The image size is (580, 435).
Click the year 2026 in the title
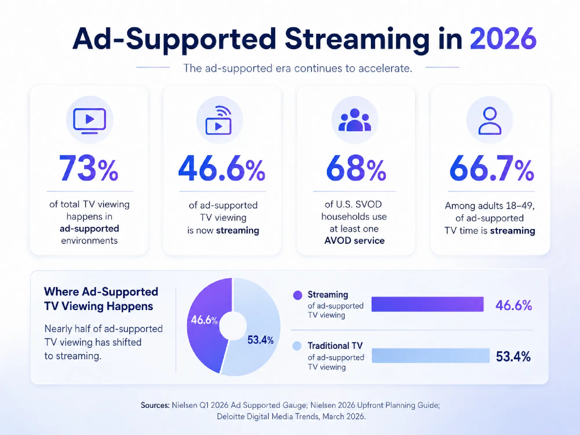[x=503, y=38]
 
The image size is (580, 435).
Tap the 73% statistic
[x=89, y=168]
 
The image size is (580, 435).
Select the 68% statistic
[x=356, y=168]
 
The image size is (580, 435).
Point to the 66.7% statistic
[x=492, y=168]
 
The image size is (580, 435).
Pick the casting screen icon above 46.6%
[x=219, y=120]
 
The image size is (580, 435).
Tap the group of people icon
[x=355, y=120]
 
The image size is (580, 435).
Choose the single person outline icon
[x=490, y=121]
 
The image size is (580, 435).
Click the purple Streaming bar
[x=427, y=304]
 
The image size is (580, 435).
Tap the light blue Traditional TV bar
[x=431, y=356]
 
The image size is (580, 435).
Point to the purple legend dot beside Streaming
[x=298, y=295]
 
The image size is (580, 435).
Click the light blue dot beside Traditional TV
[x=297, y=346]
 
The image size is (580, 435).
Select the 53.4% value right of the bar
[x=513, y=356]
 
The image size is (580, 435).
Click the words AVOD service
[x=354, y=241]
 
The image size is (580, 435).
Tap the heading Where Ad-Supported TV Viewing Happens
[x=101, y=299]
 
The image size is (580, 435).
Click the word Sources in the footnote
[x=155, y=405]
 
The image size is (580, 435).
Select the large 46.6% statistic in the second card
[x=222, y=168]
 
